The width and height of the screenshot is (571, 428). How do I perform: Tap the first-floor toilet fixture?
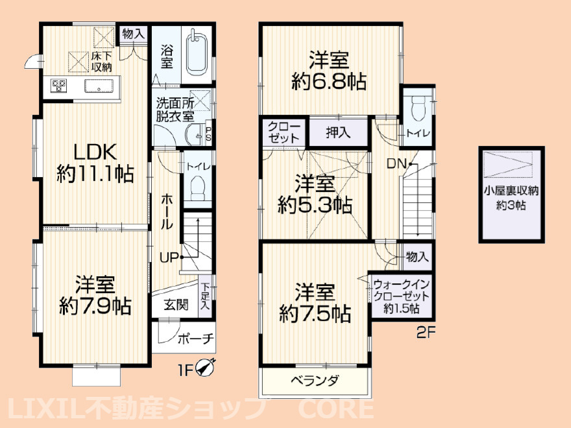click(197, 187)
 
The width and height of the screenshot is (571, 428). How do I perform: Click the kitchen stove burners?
click(59, 85)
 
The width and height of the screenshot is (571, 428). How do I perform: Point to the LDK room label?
click(95, 152)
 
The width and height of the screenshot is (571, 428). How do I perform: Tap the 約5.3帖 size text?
click(315, 206)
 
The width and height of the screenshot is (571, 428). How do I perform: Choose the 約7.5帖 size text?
click(315, 315)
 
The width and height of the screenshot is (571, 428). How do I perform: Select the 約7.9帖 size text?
click(95, 306)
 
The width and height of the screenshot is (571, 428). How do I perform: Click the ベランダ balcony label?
click(314, 381)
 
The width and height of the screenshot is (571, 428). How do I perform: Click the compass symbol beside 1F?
click(207, 368)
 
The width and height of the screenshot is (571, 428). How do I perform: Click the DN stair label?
click(397, 164)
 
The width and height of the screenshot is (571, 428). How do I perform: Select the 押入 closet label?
click(337, 132)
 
